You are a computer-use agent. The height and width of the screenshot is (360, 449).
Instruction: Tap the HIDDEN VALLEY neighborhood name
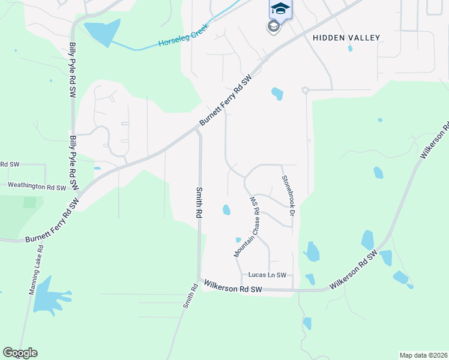[x=346, y=38]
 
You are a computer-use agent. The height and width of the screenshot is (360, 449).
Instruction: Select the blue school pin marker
[x=280, y=8]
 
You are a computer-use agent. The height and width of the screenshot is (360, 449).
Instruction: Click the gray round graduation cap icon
[x=273, y=26]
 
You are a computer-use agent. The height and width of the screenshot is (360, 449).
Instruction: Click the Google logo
[x=20, y=353]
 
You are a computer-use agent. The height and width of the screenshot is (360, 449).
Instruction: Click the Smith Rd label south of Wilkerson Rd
[x=190, y=296]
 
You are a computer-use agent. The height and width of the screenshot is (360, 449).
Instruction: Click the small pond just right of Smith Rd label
[x=226, y=210]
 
